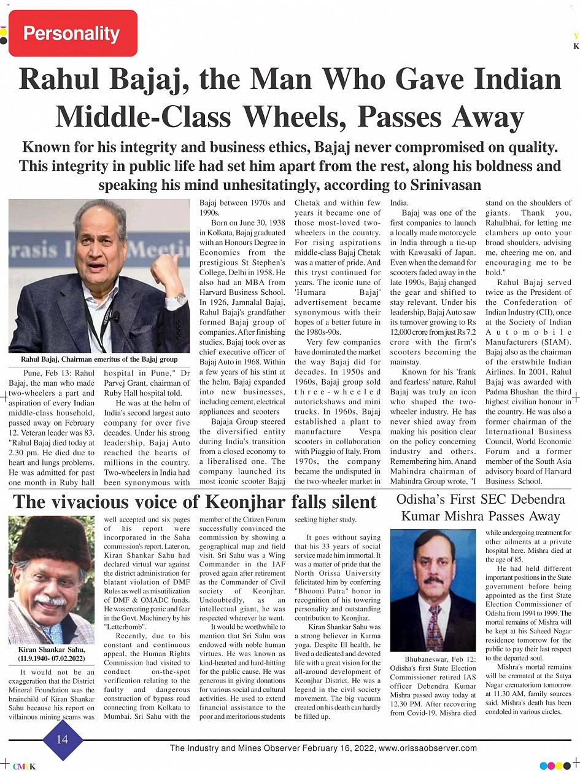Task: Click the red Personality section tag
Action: [x=72, y=33]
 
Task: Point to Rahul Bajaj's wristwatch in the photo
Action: [x=180, y=299]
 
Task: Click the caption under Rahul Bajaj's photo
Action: [x=99, y=359]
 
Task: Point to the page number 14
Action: [x=62, y=740]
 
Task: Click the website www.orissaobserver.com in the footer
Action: [x=428, y=748]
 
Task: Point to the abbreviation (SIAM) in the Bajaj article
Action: [x=555, y=342]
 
